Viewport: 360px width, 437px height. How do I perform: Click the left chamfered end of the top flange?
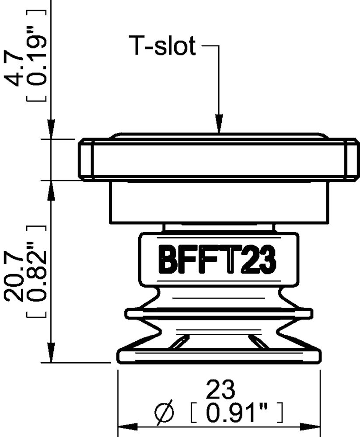[86, 159]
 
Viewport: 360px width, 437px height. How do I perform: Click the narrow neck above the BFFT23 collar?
[219, 228]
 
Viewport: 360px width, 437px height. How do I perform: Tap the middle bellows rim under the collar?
[219, 313]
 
